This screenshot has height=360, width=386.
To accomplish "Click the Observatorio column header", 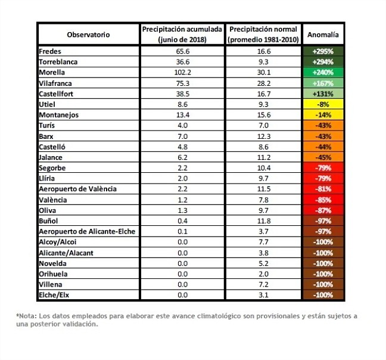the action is click(x=88, y=35).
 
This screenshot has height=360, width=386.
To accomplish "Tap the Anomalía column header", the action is click(x=323, y=35).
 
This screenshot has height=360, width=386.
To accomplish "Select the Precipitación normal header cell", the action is click(x=263, y=34).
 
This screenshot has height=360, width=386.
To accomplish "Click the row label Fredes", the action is click(x=50, y=51).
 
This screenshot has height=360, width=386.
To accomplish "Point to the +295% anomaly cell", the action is click(x=323, y=51).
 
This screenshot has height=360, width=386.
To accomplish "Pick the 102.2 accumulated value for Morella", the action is click(x=183, y=72).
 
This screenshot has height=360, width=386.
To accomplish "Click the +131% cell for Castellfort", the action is click(x=323, y=94).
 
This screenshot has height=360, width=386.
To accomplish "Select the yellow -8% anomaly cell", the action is click(x=323, y=104).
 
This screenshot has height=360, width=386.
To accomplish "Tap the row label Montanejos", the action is click(x=58, y=115).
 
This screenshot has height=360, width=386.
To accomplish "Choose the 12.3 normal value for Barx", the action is click(x=264, y=136).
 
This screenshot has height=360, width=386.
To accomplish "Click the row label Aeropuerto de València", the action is click(x=78, y=189).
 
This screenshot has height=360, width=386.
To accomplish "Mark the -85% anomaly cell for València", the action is click(x=323, y=200).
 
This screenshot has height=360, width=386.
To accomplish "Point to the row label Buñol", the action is click(x=48, y=221).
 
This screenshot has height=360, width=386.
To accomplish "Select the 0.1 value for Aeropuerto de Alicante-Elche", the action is click(x=183, y=231).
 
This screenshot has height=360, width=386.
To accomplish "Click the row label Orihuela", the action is click(x=53, y=274).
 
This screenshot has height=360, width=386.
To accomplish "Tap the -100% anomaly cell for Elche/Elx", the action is click(x=323, y=295).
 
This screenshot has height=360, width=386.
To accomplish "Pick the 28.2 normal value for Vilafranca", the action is click(x=264, y=83).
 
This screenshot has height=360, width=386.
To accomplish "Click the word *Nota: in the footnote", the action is click(x=27, y=316).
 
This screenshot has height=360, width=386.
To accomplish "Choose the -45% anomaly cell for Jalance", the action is click(x=323, y=157).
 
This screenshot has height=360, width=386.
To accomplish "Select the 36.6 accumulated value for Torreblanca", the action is click(x=183, y=62).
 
